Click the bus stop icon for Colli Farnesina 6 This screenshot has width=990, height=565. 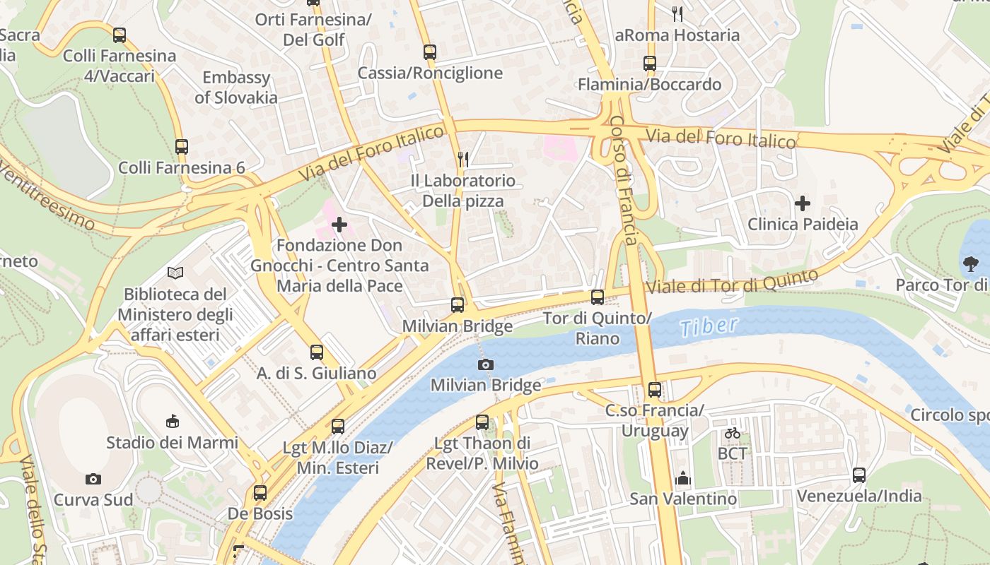182,147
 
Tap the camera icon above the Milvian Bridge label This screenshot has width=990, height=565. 486,364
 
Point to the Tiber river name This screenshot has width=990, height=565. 709,327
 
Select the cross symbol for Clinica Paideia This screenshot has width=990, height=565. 803,204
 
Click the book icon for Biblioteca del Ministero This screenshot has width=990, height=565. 175,273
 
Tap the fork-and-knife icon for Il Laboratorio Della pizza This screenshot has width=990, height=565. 463,159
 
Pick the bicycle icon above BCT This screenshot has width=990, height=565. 733,433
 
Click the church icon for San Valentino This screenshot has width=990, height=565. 682,478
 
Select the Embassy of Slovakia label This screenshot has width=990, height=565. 236,88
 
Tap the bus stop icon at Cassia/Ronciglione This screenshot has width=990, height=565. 430,52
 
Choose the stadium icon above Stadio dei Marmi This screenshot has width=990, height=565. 172,422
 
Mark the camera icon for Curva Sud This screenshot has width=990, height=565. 93,479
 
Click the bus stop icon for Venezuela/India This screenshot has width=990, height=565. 859,475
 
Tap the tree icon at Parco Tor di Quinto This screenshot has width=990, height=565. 970,265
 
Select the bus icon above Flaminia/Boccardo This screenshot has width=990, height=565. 650,64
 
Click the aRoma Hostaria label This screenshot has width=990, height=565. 677,35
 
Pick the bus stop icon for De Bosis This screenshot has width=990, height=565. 260,493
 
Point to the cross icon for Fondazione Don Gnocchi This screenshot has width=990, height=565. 339,225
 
